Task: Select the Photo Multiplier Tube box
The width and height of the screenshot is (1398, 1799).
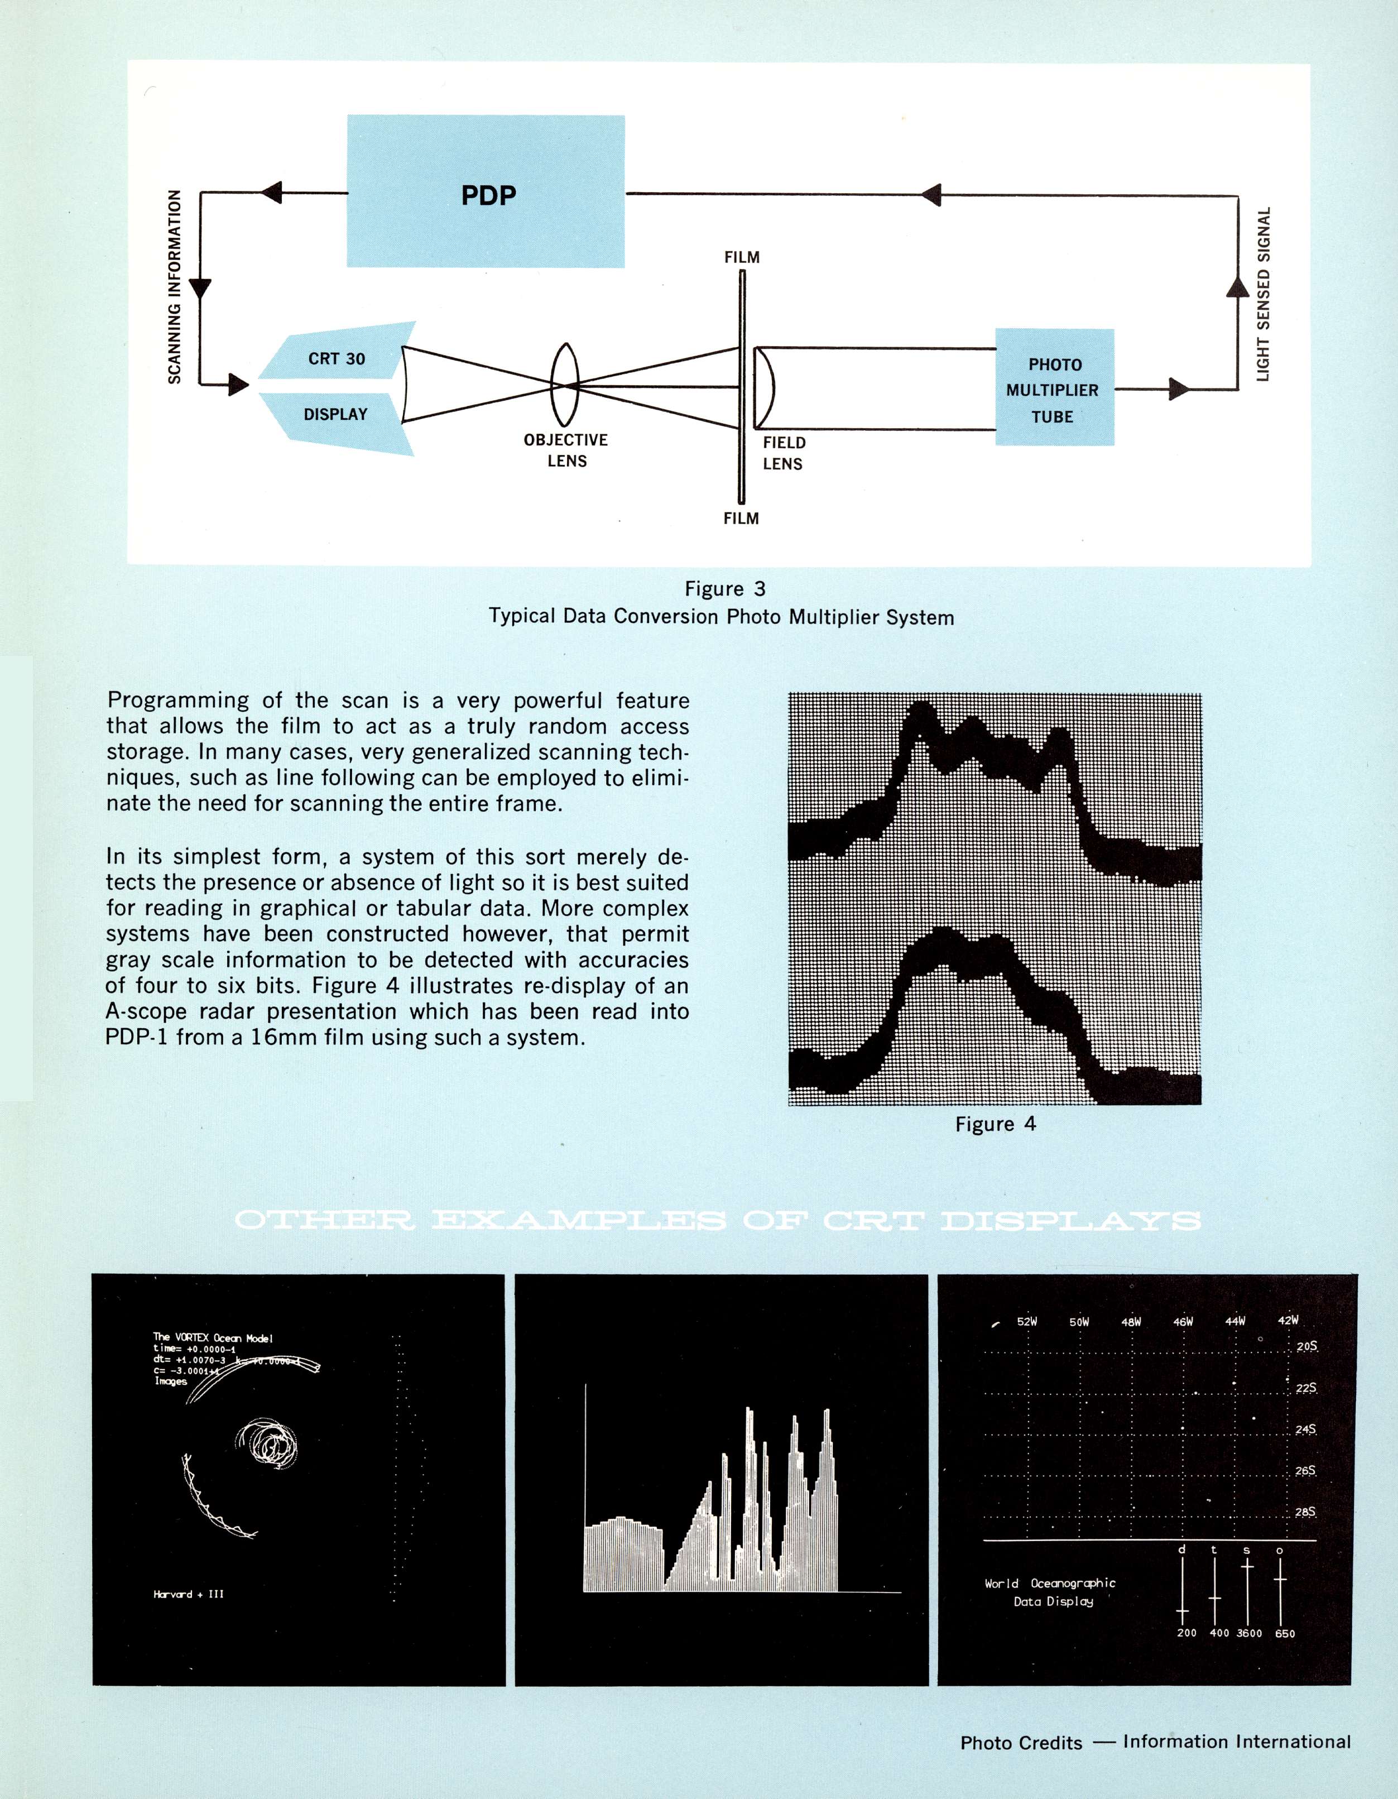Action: click(1054, 388)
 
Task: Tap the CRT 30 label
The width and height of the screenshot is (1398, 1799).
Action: click(336, 358)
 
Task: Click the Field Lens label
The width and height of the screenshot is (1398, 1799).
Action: click(784, 453)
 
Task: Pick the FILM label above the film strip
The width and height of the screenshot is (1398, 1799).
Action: click(742, 257)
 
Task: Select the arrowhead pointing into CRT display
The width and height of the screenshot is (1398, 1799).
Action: click(238, 384)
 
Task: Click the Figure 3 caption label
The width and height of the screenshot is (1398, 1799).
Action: click(725, 588)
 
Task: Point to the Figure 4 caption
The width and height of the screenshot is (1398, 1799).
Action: click(995, 1124)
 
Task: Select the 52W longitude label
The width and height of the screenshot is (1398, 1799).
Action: click(1026, 1321)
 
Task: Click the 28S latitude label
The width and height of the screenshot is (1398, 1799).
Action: click(1305, 1512)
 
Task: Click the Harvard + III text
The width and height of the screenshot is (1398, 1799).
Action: click(188, 1594)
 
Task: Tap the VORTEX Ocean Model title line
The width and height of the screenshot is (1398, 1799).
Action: click(213, 1338)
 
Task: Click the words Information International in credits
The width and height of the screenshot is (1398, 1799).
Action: click(1236, 1742)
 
